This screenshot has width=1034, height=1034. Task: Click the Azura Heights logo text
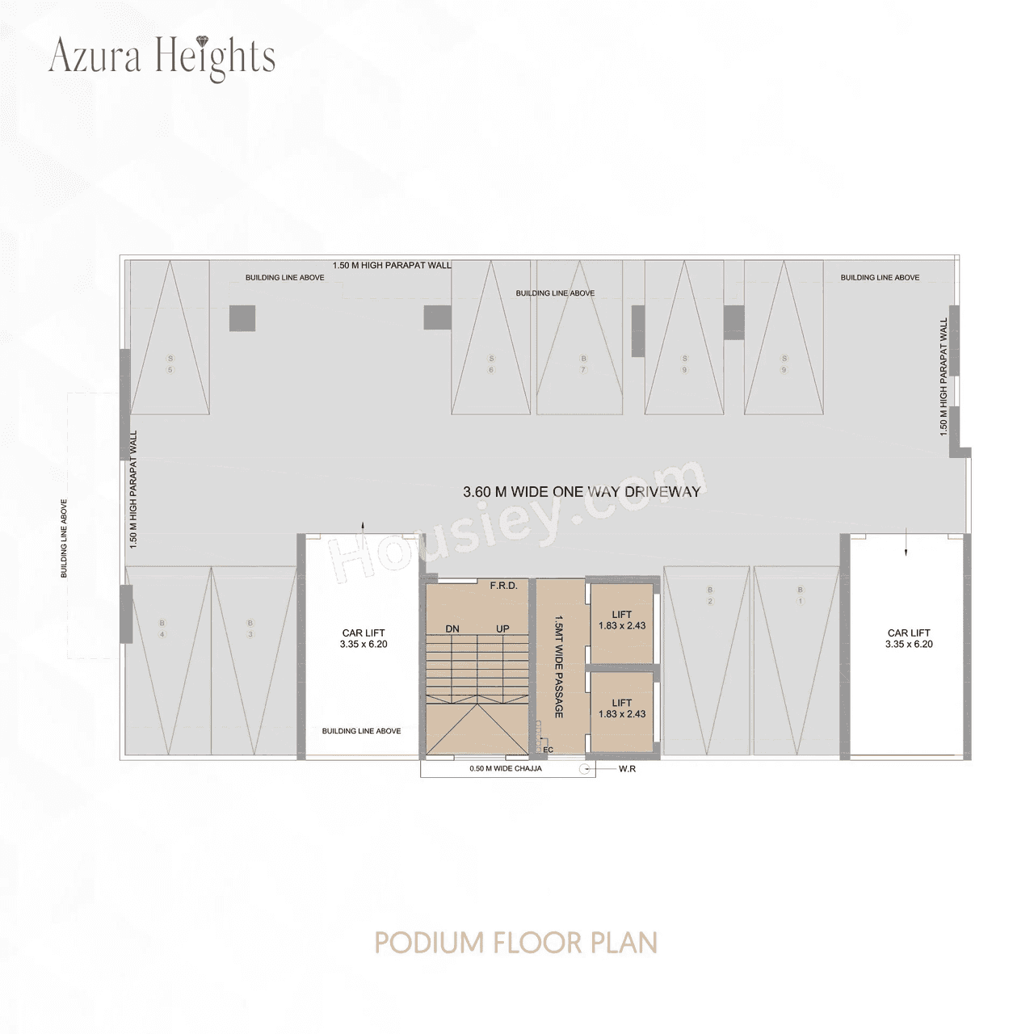coord(162,57)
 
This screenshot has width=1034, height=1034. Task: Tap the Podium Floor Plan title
coord(516,943)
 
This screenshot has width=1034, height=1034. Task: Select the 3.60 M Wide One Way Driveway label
coord(581,491)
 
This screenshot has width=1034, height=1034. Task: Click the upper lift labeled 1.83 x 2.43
coord(622,620)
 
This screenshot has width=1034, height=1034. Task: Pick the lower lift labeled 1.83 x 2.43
coord(622,708)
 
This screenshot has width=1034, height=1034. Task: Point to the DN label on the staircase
coord(452,628)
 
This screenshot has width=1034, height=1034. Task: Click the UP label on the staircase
coord(503,628)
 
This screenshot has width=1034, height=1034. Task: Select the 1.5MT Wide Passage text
coord(558,667)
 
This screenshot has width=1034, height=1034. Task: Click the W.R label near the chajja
coord(627,769)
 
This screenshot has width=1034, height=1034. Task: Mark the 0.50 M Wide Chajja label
coord(506,769)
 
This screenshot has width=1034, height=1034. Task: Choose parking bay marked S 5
coord(170,364)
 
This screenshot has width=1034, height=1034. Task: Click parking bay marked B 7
coord(582,364)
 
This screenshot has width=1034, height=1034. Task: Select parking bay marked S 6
coord(490,364)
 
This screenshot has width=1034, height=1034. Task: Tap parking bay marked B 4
coord(162,628)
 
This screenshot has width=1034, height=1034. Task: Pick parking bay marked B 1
coord(800,595)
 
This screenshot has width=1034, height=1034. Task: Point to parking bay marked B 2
coord(710,595)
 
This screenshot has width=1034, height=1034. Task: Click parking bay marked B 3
coord(250,628)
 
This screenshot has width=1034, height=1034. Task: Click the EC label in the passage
coord(549,750)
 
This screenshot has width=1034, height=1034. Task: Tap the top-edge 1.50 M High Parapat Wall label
coord(392,265)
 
